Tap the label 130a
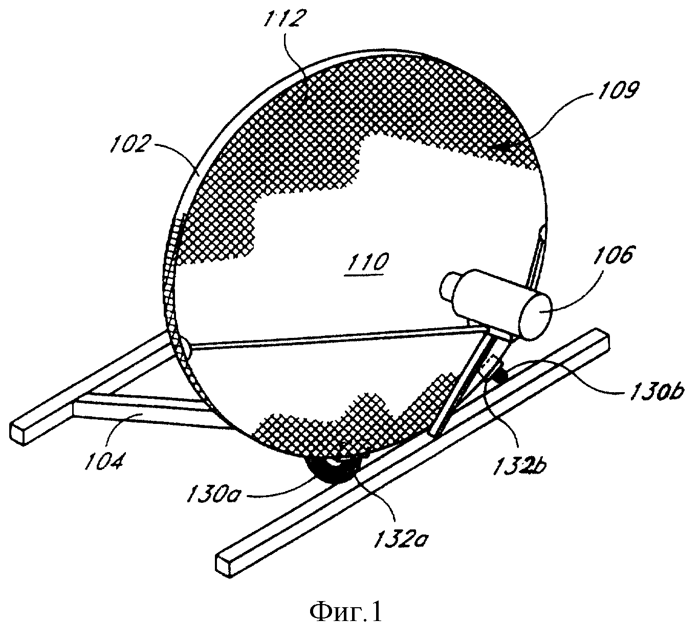[213, 493]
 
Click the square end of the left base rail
[18, 433]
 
